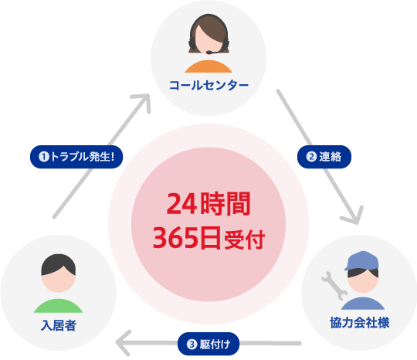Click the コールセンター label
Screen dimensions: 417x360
208,86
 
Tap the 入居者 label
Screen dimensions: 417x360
59,325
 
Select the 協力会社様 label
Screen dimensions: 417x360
360,322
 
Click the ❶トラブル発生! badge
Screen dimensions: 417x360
76,157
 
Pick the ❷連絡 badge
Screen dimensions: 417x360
324,157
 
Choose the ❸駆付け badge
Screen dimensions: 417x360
208,344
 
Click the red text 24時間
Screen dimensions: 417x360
208,203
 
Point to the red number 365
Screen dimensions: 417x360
176,238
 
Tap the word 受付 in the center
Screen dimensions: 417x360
245,239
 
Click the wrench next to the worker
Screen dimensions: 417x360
334,286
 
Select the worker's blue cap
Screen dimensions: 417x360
361,261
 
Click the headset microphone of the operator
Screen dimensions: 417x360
214,52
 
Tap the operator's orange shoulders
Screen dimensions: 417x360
208,66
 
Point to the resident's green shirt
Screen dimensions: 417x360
58,306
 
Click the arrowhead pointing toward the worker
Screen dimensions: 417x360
354,216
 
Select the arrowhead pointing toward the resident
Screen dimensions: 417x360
122,343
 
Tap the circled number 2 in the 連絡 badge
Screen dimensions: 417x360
311,157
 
